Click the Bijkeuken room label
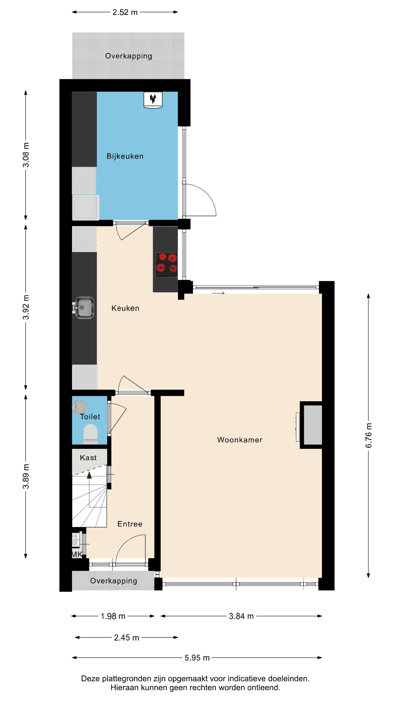[x=125, y=156]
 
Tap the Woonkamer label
[x=240, y=440]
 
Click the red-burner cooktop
[x=166, y=265]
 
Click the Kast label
[x=88, y=458]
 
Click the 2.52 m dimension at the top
[x=125, y=12]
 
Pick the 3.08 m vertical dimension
[x=26, y=155]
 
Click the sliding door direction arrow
[x=218, y=293]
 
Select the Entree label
[x=130, y=524]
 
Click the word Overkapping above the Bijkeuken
[x=128, y=56]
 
